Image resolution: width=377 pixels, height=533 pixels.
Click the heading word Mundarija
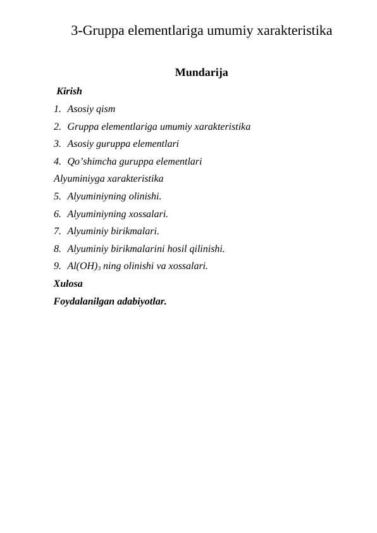tap(201, 73)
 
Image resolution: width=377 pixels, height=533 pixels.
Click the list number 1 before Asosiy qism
tap(57, 109)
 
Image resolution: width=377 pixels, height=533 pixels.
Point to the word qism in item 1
tap(104, 109)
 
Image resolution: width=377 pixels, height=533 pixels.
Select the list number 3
tap(57, 144)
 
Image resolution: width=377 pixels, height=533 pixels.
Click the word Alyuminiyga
tap(79, 179)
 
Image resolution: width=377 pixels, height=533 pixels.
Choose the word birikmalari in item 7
tap(136, 231)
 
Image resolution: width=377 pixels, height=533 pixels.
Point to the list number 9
tap(57, 266)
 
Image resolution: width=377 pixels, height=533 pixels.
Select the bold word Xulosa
tap(68, 284)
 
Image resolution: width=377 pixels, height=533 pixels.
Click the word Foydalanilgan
tap(84, 301)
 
